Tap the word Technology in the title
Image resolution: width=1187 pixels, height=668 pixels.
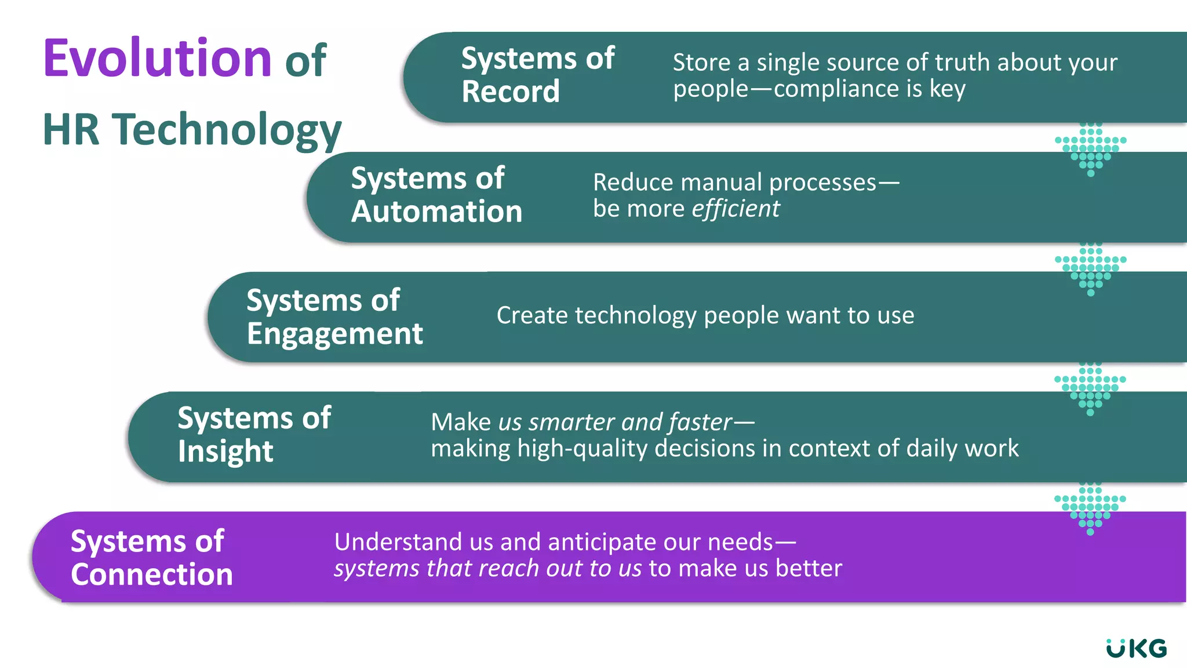coord(227,130)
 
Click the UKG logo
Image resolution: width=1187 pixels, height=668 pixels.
coord(1136,648)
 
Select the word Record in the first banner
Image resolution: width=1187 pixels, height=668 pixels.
coord(511,92)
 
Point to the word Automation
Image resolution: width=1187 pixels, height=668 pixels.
coord(436,211)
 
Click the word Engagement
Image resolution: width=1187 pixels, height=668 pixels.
coord(334,334)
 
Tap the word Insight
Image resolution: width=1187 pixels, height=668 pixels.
coord(225,452)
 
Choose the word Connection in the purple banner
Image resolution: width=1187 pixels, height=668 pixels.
coord(152,575)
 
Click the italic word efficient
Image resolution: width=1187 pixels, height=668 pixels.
coord(735,209)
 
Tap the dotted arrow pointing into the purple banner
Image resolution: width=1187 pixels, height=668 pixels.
coord(1090,508)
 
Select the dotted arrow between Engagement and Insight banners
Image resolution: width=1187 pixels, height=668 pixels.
coord(1090,389)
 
